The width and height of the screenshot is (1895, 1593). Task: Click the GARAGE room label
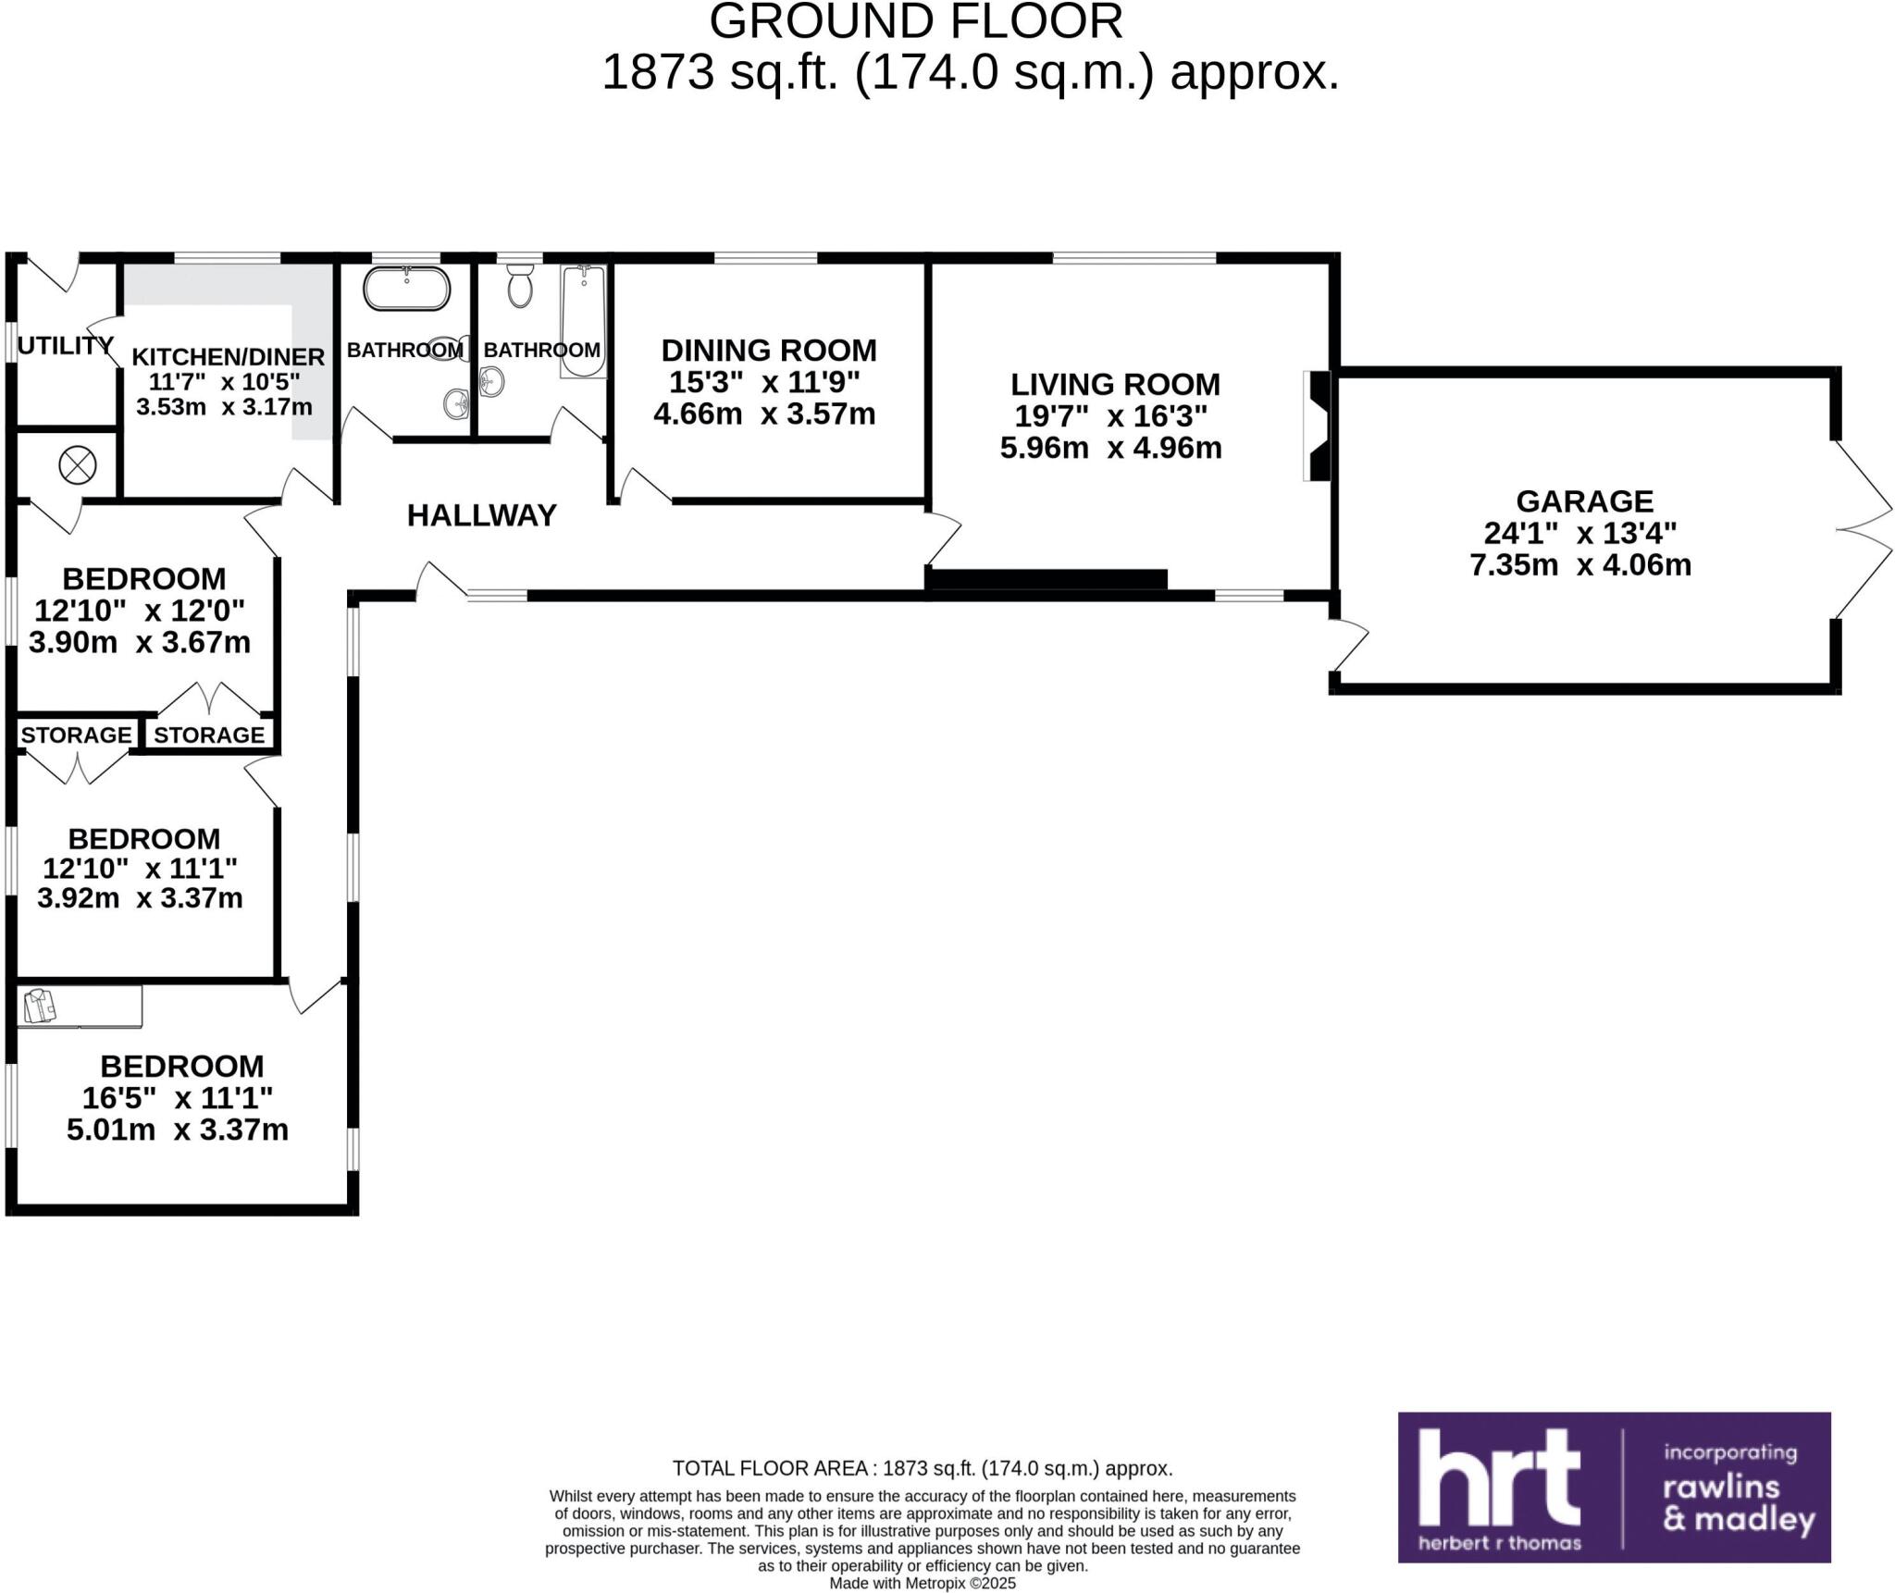1584,501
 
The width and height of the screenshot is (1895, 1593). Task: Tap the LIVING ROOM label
1115,384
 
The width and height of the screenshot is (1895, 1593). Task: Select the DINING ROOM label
768,351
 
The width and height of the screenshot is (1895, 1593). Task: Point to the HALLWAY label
481,515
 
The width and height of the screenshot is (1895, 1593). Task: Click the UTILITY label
65,346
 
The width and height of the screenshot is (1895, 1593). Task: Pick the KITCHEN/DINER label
228,357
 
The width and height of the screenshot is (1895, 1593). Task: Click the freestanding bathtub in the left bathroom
406,290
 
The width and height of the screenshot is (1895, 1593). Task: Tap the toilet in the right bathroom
520,285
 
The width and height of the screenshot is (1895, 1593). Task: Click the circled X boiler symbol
78,465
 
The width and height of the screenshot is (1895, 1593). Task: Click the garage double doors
1862,529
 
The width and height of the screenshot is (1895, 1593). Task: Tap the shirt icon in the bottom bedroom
39,1006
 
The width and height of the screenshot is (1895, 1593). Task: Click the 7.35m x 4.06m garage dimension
1580,564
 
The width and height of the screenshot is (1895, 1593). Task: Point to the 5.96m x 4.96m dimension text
1110,448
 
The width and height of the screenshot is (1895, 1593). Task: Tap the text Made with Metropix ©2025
922,1583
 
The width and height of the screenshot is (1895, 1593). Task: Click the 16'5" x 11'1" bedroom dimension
178,1098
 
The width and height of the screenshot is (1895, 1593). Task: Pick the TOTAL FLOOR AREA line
922,1468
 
